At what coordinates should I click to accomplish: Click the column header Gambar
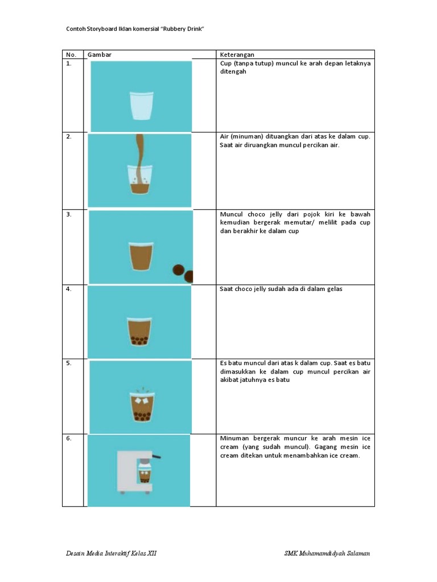(99, 55)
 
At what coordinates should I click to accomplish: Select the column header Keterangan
(237, 55)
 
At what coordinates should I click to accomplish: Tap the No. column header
(71, 55)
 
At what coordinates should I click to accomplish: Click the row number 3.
(69, 214)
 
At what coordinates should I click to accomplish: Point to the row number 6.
(69, 439)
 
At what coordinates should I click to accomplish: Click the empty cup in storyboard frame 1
(142, 105)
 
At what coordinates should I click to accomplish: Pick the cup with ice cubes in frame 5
(141, 408)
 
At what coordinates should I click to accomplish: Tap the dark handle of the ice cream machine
(154, 456)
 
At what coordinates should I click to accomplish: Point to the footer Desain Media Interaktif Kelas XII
(110, 554)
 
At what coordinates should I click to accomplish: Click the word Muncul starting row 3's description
(230, 214)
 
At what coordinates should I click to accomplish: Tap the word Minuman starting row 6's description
(234, 439)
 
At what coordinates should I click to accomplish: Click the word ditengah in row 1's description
(233, 72)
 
